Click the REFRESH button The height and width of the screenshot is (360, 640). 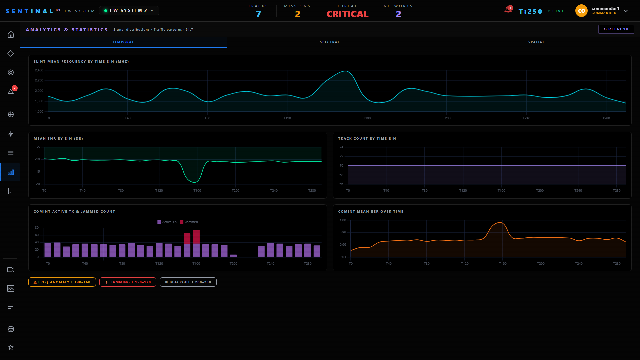pyautogui.click(x=616, y=29)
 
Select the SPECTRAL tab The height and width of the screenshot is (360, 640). pyautogui.click(x=330, y=42)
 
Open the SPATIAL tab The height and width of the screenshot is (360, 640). pyautogui.click(x=536, y=42)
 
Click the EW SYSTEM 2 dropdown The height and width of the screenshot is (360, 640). pyautogui.click(x=129, y=11)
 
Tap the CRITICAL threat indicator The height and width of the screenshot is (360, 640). pyautogui.click(x=347, y=14)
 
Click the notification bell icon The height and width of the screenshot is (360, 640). pyautogui.click(x=508, y=10)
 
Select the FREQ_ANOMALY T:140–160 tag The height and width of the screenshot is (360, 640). pyautogui.click(x=62, y=282)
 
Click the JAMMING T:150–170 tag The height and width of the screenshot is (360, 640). pyautogui.click(x=128, y=282)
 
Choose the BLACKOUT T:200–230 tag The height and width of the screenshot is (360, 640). pyautogui.click(x=188, y=282)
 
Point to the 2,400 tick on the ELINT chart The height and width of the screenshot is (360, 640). pyautogui.click(x=39, y=70)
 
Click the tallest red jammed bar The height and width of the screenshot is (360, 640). pyautogui.click(x=196, y=237)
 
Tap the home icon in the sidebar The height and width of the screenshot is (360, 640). pyautogui.click(x=11, y=34)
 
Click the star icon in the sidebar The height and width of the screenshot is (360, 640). pyautogui.click(x=11, y=347)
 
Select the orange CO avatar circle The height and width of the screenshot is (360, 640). pyautogui.click(x=581, y=11)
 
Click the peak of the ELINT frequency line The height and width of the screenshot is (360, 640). pyautogui.click(x=346, y=71)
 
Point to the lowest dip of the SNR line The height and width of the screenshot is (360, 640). pyautogui.click(x=195, y=182)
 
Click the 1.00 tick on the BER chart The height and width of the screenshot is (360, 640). pyautogui.click(x=343, y=220)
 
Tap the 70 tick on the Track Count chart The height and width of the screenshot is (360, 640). pyautogui.click(x=341, y=166)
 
